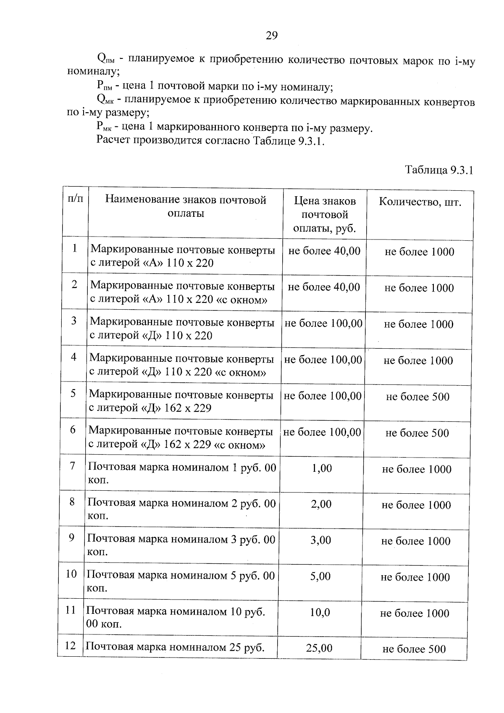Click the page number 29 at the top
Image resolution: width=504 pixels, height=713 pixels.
coord(272,36)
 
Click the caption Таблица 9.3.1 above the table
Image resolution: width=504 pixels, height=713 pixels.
coord(439,170)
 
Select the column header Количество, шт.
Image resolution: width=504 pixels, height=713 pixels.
coord(420,203)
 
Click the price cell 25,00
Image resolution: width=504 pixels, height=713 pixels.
coord(319,648)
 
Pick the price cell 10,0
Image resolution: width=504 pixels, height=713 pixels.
coord(320,612)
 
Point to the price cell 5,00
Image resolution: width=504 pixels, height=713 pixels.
coord(320,576)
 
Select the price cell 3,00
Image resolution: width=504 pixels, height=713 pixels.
coord(321,540)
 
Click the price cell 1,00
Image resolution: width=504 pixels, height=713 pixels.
coord(322,468)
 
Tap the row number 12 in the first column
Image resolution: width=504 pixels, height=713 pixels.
coord(70,645)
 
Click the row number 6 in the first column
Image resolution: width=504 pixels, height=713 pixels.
coord(73,429)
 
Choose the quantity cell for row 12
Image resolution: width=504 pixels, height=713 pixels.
coord(414,649)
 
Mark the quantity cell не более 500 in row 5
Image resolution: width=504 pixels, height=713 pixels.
coord(417,397)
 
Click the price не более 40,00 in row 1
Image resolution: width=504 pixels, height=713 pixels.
coord(324,251)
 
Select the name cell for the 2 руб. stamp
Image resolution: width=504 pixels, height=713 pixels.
coord(181,509)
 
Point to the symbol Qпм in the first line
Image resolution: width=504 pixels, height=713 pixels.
coord(105,58)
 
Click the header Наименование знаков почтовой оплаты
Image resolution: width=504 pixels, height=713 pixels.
coord(186,206)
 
